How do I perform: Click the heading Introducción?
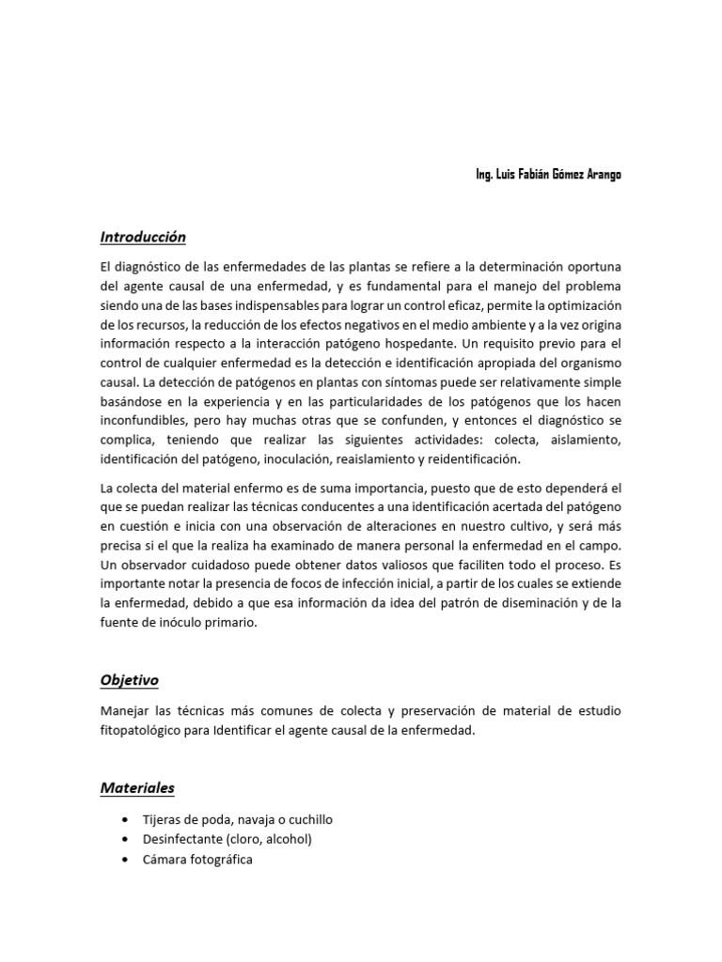(x=143, y=238)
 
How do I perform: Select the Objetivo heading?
(x=130, y=680)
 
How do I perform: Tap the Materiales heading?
(x=137, y=788)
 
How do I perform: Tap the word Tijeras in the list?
(x=162, y=819)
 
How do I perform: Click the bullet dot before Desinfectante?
(x=124, y=839)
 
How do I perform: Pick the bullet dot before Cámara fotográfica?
(x=124, y=860)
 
